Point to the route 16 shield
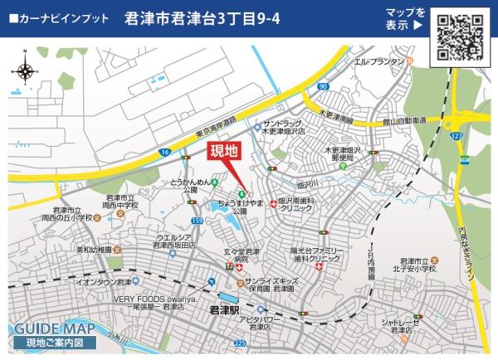(x=165, y=153)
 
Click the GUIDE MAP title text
(x=48, y=327)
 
